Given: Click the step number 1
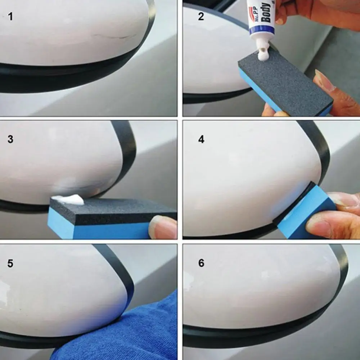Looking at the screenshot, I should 10,16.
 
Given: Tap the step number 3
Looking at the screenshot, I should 10,139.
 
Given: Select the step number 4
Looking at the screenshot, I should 201,139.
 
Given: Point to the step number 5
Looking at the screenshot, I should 10,263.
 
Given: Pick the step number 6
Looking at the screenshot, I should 201,263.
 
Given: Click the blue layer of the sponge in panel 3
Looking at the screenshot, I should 97,229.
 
